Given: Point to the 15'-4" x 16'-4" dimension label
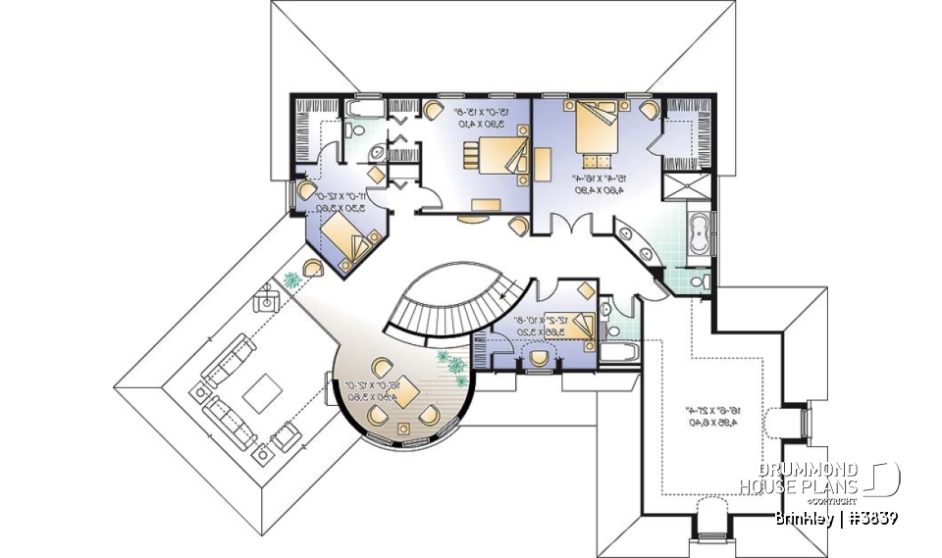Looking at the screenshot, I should (585, 185).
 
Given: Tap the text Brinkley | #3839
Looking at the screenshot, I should (834, 517).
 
